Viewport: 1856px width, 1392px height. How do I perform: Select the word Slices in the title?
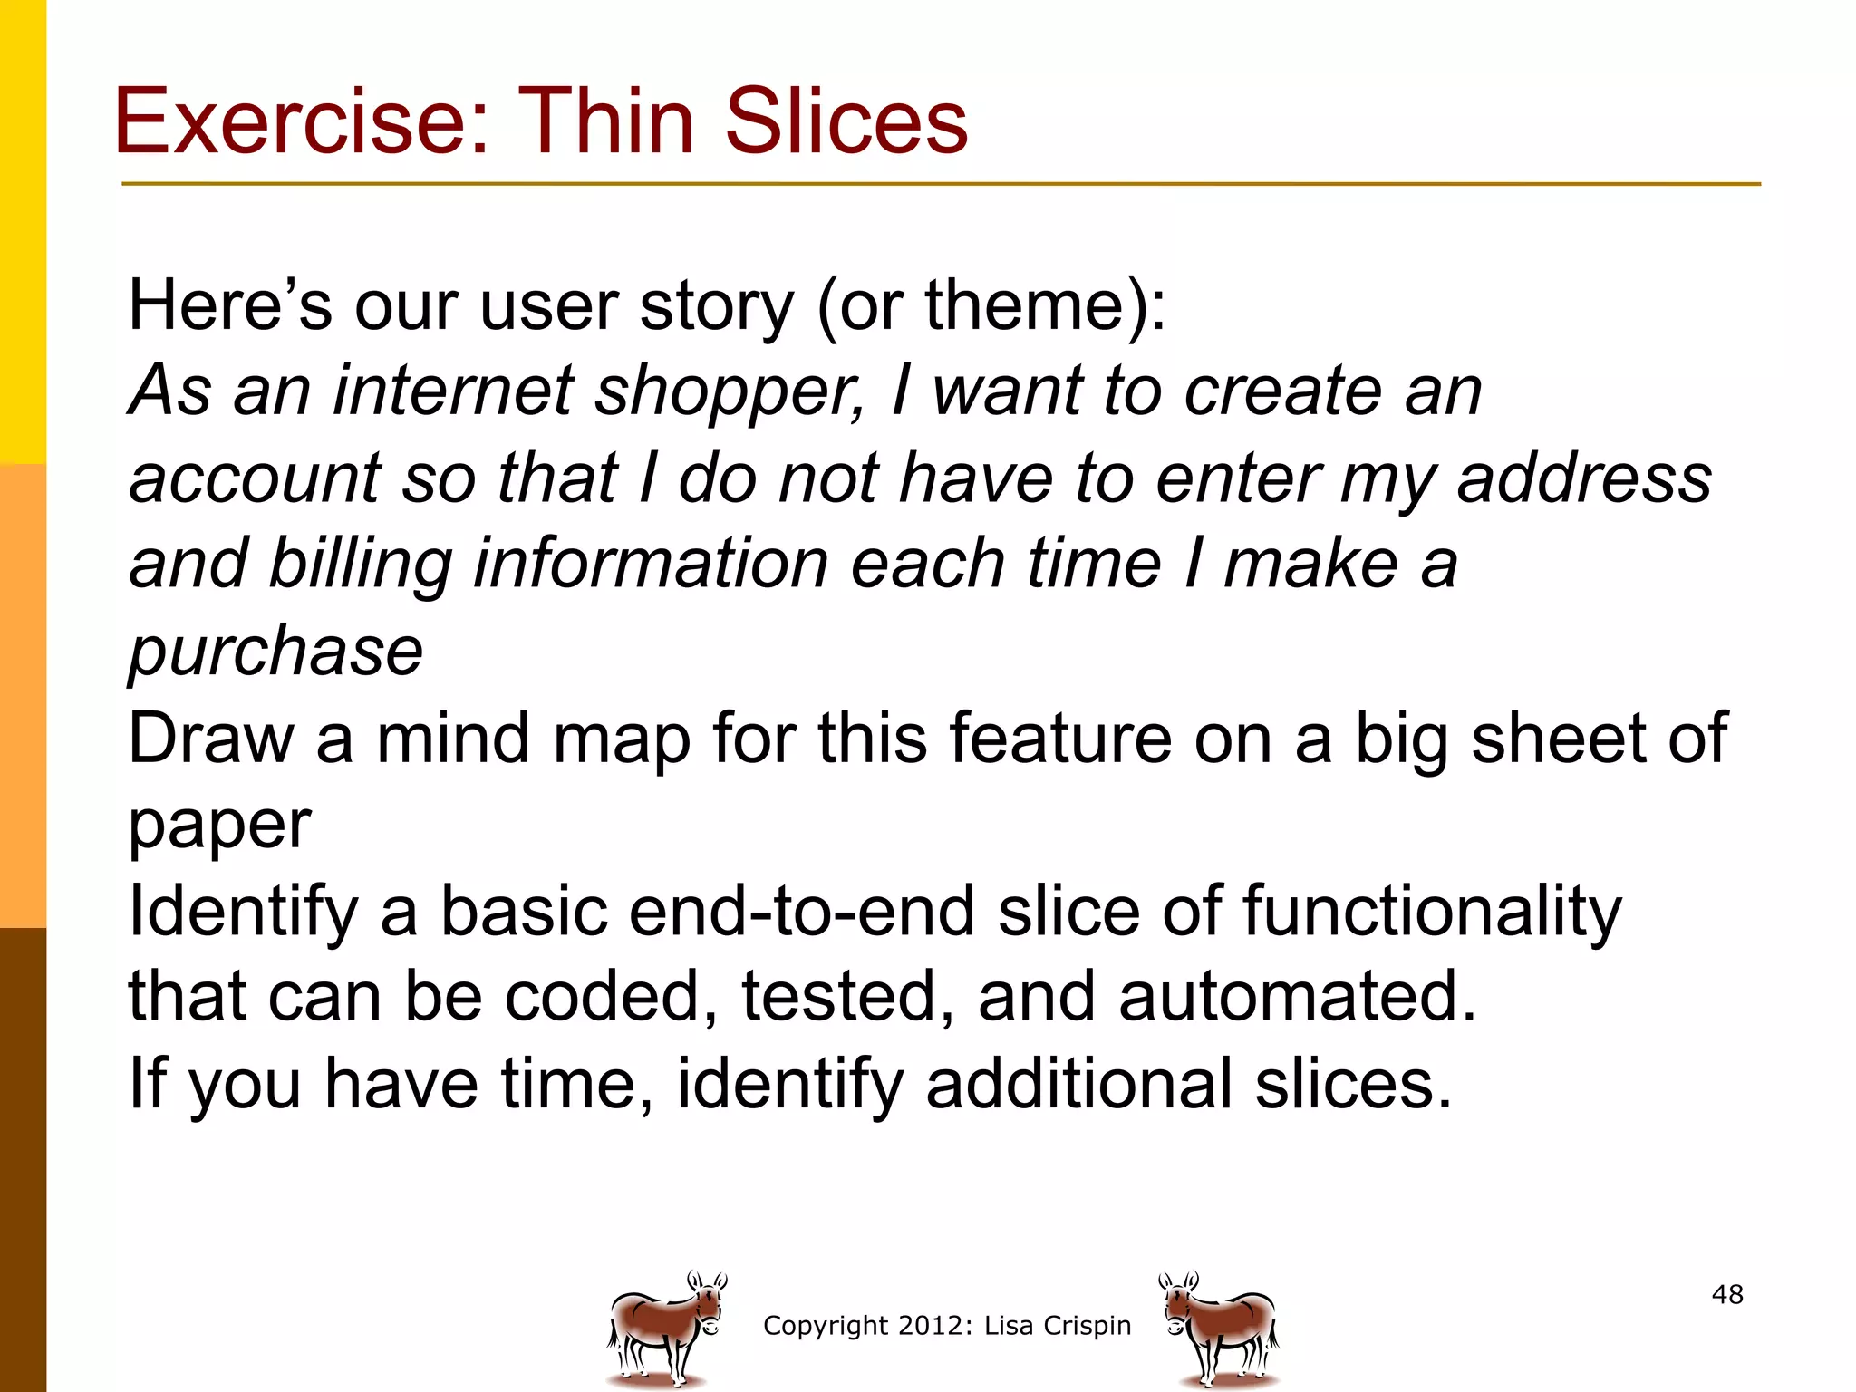coord(846,122)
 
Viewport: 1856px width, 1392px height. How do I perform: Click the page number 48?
coord(1727,1294)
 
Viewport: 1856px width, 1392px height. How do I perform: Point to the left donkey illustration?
coord(665,1329)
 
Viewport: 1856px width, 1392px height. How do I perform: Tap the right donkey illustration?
coord(1220,1329)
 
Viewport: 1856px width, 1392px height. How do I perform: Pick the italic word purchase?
coord(275,652)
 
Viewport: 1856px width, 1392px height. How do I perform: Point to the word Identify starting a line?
coord(244,912)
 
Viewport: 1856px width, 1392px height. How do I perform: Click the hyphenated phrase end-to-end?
coord(802,912)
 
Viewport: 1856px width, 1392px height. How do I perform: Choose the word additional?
coord(1078,1084)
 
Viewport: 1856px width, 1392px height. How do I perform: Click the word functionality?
coord(1431,912)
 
